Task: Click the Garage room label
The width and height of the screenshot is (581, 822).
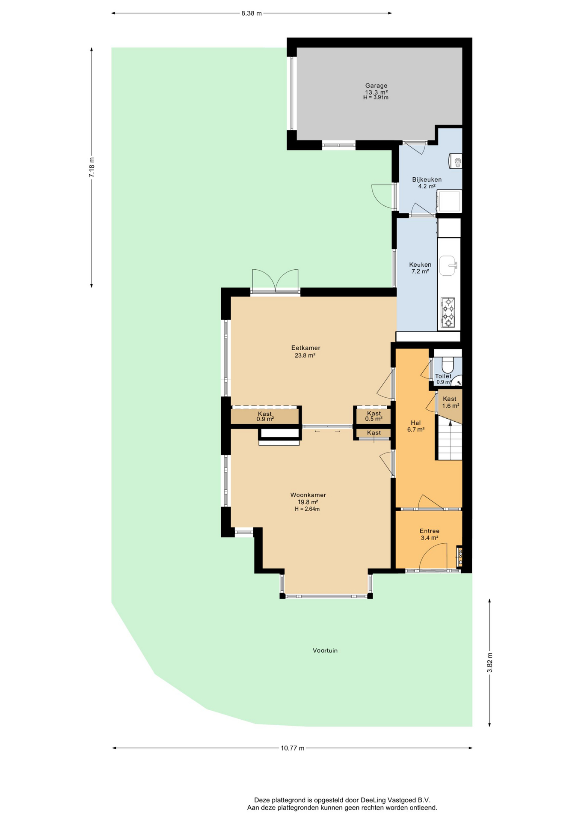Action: (x=376, y=86)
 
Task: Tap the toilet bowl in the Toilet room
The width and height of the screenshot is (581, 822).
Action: (x=448, y=365)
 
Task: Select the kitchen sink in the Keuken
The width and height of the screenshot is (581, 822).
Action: (x=448, y=265)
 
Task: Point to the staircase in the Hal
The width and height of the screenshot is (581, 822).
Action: (x=449, y=440)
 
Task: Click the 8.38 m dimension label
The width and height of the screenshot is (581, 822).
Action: (x=251, y=13)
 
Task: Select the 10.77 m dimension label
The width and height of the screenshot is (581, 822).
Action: (x=293, y=748)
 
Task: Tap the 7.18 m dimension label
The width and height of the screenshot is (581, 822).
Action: (x=92, y=167)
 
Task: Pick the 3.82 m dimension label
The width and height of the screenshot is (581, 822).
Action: (x=490, y=662)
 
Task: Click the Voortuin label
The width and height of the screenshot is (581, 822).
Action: (x=325, y=650)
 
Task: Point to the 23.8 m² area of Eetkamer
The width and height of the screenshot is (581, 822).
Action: (x=305, y=355)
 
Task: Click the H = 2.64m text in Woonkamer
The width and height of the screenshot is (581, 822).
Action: (x=307, y=509)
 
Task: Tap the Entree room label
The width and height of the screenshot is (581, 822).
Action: (x=430, y=531)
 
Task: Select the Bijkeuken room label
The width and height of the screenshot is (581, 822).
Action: (x=427, y=179)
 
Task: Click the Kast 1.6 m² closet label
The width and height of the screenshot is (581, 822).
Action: (x=450, y=402)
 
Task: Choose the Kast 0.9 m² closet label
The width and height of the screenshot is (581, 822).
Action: (x=265, y=416)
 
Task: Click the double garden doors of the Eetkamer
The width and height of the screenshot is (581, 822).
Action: (x=275, y=281)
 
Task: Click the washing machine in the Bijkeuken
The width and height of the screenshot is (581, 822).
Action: (x=449, y=201)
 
